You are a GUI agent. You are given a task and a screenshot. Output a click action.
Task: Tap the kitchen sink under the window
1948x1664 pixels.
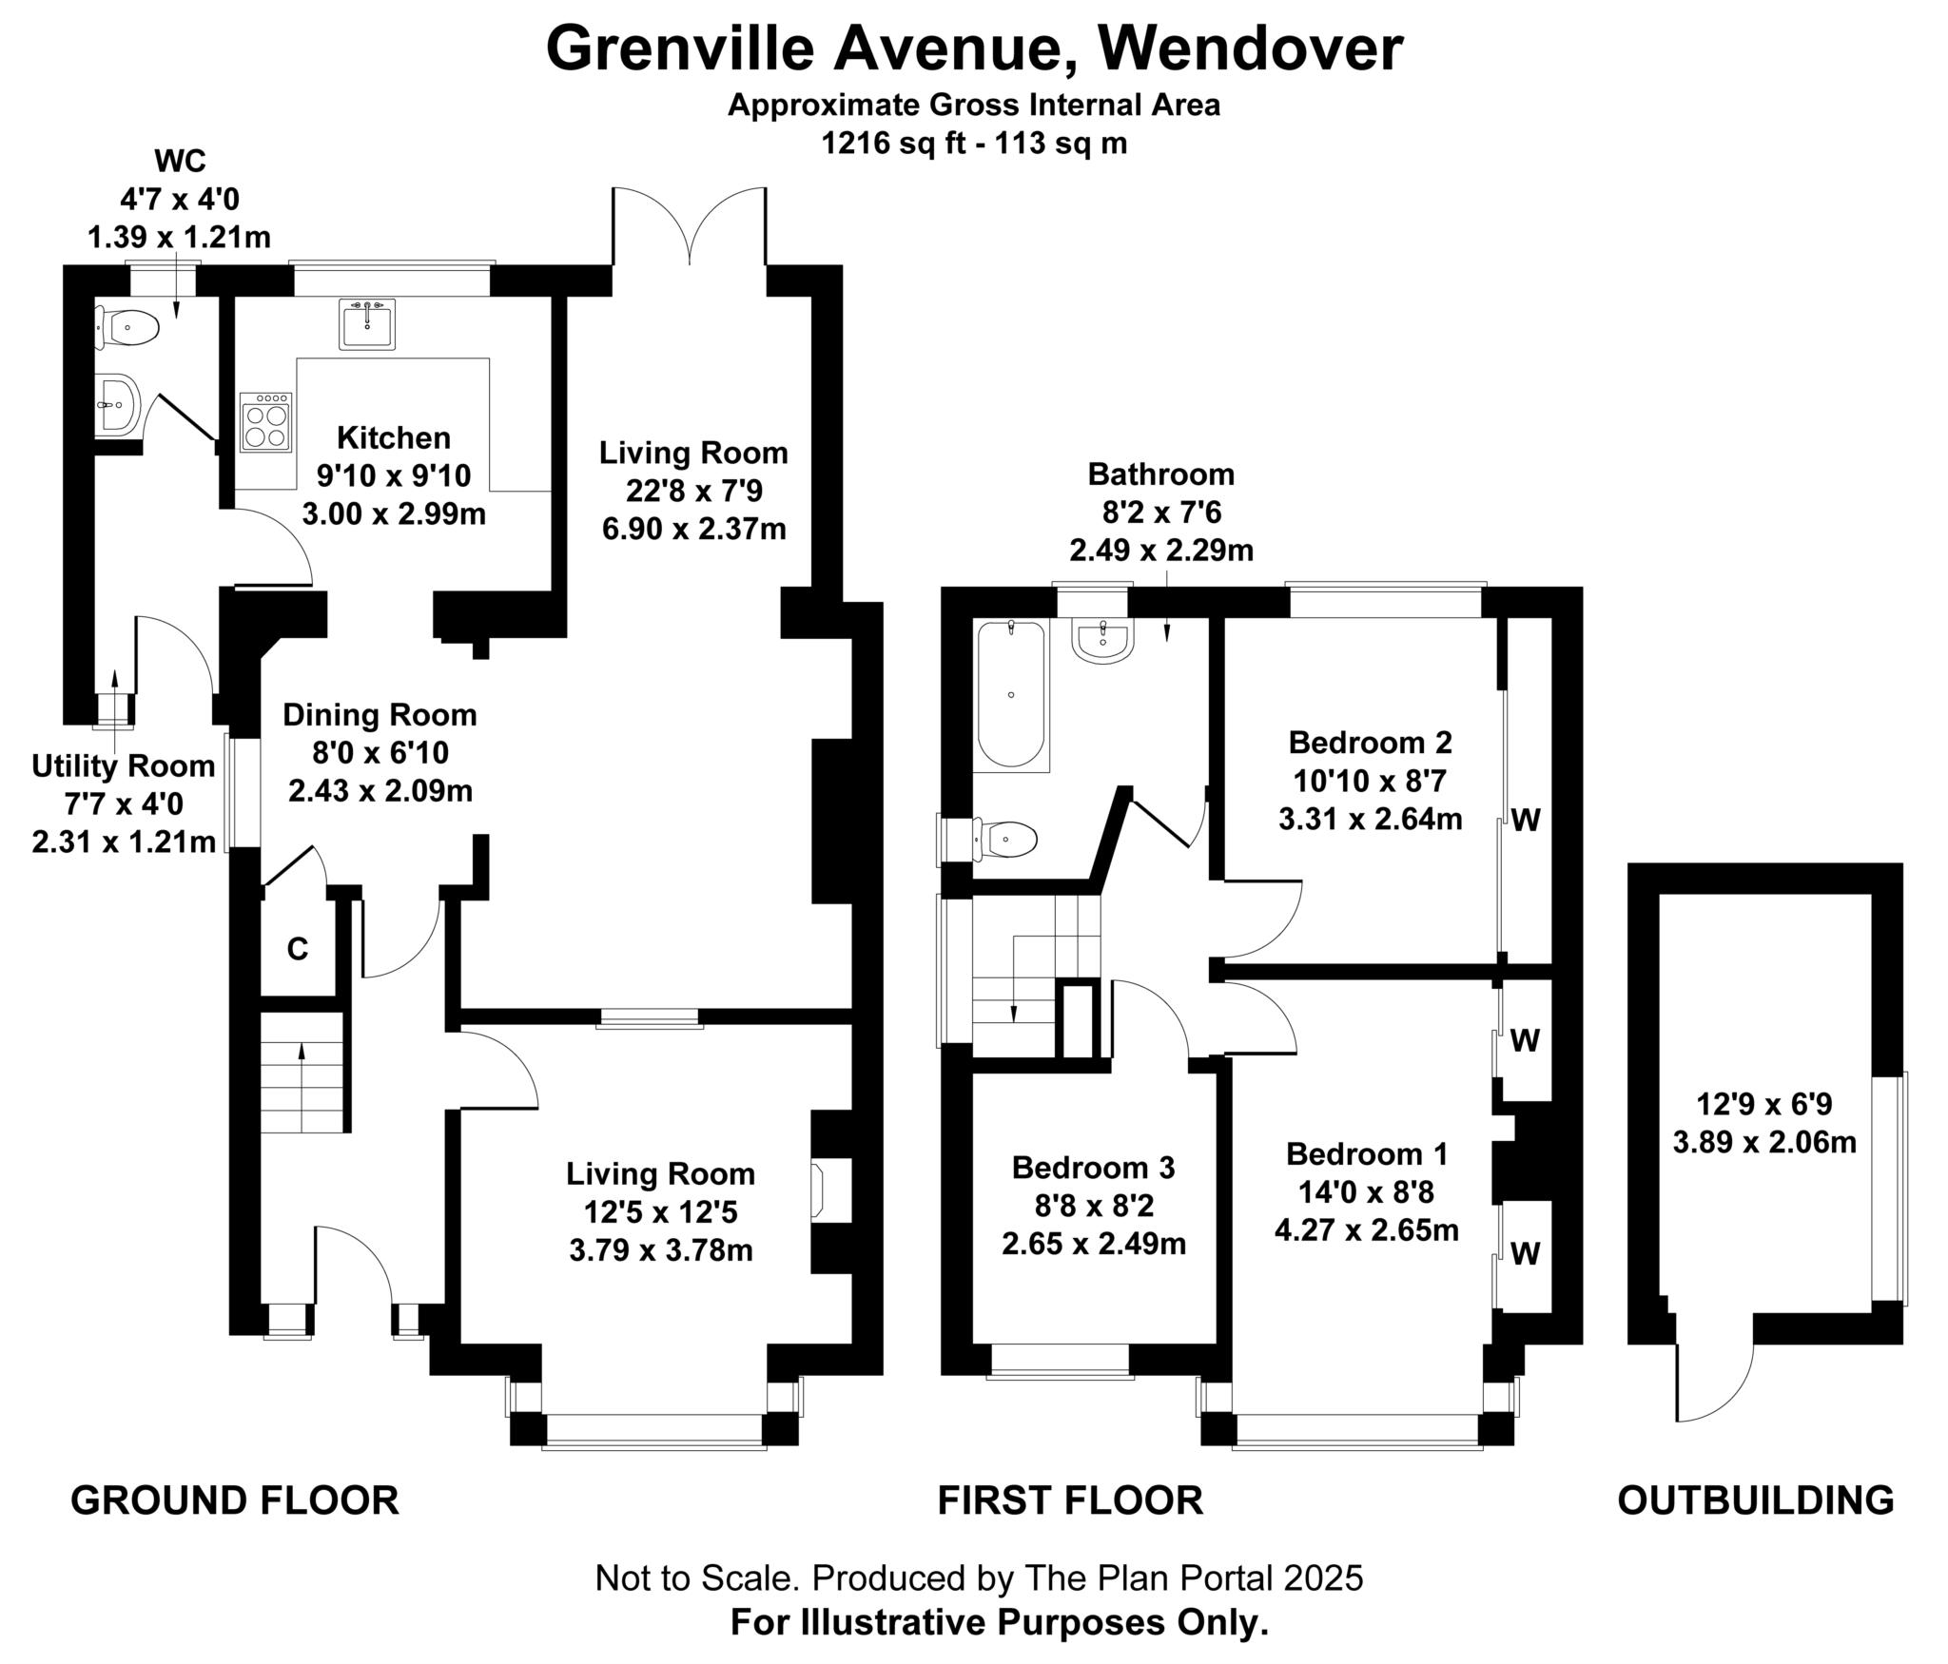point(366,325)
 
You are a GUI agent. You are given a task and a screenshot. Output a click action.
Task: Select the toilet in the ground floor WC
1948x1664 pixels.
point(128,329)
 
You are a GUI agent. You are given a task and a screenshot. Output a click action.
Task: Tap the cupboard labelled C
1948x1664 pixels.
point(298,949)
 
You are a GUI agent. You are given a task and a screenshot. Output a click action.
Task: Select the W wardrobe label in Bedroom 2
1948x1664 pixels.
point(1526,820)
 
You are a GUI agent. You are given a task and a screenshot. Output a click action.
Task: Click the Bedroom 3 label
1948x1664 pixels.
point(1093,1167)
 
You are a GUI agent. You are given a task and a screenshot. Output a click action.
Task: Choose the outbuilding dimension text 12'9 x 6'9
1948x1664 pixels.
point(1764,1104)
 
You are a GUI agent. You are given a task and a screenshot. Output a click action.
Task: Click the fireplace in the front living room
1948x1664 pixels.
point(817,1190)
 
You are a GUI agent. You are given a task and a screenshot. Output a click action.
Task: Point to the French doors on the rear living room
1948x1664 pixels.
point(690,228)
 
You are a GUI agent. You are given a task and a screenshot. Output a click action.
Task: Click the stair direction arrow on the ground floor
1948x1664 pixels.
point(302,1074)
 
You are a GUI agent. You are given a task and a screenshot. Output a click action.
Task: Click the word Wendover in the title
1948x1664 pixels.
point(1253,49)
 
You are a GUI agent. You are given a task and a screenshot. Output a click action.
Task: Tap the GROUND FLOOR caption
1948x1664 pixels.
point(235,1500)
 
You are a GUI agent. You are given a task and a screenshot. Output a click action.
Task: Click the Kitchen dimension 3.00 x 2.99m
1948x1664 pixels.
point(394,514)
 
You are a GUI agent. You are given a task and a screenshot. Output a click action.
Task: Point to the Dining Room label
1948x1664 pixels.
point(380,715)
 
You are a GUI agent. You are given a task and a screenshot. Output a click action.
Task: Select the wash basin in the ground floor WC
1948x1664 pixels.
point(118,404)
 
